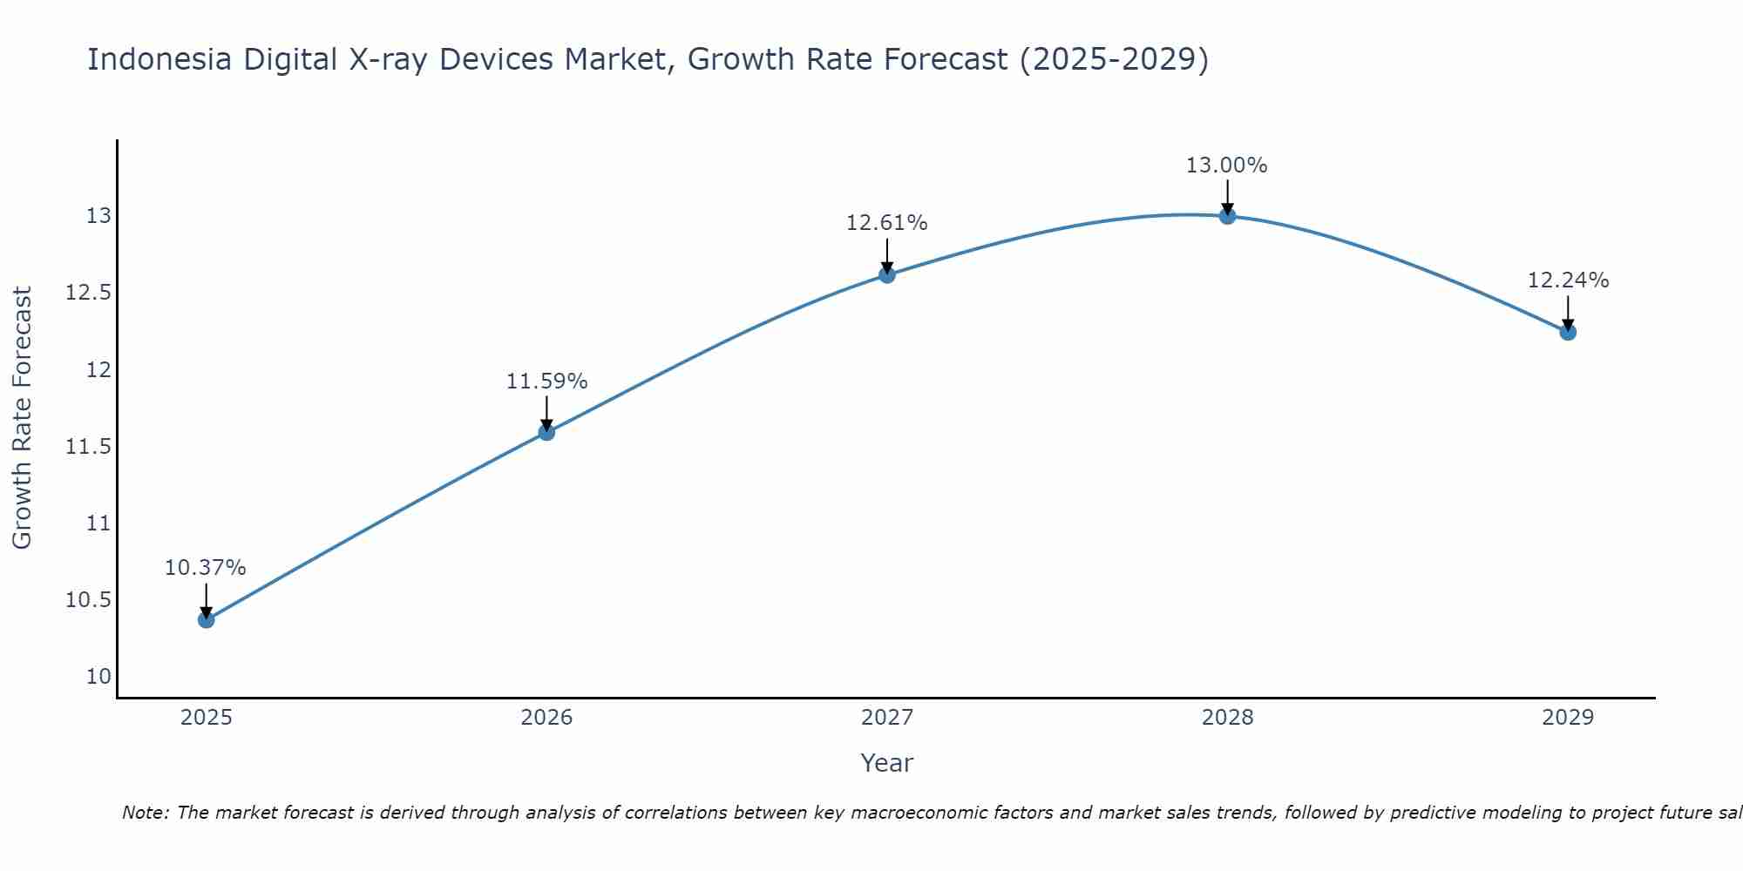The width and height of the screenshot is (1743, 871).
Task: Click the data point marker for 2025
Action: coord(207,619)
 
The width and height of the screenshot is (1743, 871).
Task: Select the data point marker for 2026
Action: coord(546,432)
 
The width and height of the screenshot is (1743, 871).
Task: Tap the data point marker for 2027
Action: coord(887,275)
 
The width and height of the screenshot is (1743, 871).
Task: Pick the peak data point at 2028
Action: coord(1227,215)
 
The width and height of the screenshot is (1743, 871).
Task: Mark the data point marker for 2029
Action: coord(1568,332)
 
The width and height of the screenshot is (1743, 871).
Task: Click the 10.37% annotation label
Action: coord(206,568)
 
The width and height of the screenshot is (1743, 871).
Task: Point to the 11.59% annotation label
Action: coord(546,381)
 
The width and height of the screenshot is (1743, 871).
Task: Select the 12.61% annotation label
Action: coord(887,223)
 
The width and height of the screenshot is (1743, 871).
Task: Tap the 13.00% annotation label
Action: coord(1227,165)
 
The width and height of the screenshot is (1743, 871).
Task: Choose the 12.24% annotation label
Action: coord(1568,280)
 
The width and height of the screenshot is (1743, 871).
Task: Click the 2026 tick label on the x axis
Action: coord(546,718)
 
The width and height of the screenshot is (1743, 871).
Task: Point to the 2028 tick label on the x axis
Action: coord(1227,718)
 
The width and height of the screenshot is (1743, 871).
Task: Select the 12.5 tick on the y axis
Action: coord(89,293)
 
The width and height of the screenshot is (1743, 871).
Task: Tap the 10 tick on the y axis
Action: coord(99,677)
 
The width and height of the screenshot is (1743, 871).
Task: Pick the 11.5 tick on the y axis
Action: coord(89,447)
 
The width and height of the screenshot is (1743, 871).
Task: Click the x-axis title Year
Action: coord(887,763)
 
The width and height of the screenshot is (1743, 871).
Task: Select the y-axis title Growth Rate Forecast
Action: coord(23,418)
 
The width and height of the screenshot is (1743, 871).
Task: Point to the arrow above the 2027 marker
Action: coord(887,255)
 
